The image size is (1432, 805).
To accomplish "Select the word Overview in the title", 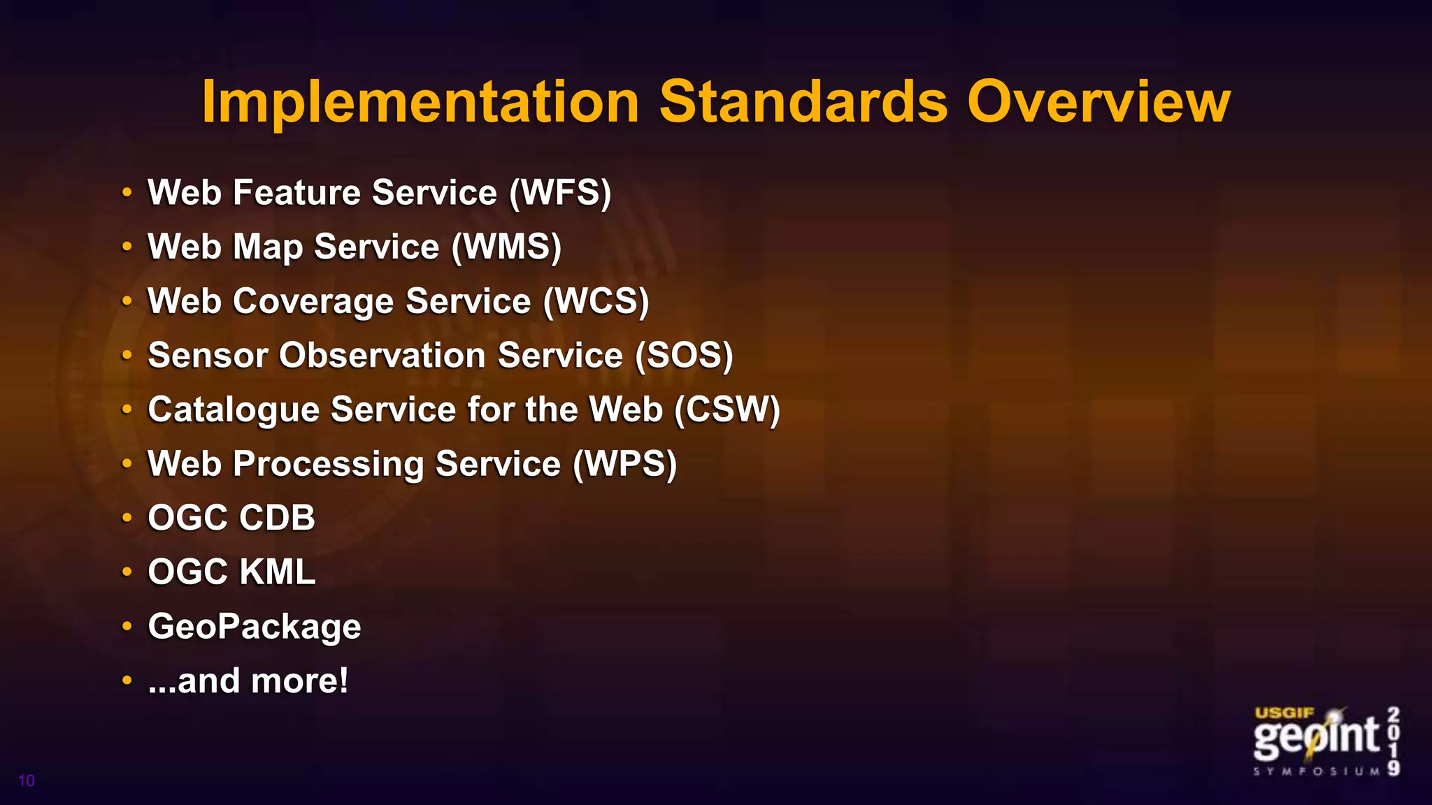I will (x=1098, y=102).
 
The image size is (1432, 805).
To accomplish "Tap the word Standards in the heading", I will (x=803, y=102).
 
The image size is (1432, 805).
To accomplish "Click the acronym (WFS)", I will (x=560, y=193).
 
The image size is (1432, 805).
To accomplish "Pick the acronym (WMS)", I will (x=506, y=247).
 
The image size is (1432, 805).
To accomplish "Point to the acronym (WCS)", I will (x=596, y=301).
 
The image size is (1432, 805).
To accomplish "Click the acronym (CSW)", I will (x=727, y=409).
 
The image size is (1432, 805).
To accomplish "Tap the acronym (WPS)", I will (x=625, y=464).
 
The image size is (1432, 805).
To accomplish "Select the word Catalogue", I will (x=234, y=410).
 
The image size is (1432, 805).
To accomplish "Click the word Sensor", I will (x=208, y=356).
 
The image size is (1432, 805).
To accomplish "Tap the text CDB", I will (x=278, y=518).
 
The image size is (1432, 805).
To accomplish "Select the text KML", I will (x=278, y=572).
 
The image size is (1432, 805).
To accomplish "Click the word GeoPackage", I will (x=255, y=627).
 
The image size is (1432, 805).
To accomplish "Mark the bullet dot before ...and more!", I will (x=127, y=680).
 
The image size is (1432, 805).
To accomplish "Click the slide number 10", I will (x=27, y=781).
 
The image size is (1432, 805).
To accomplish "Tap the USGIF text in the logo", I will (x=1284, y=713).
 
